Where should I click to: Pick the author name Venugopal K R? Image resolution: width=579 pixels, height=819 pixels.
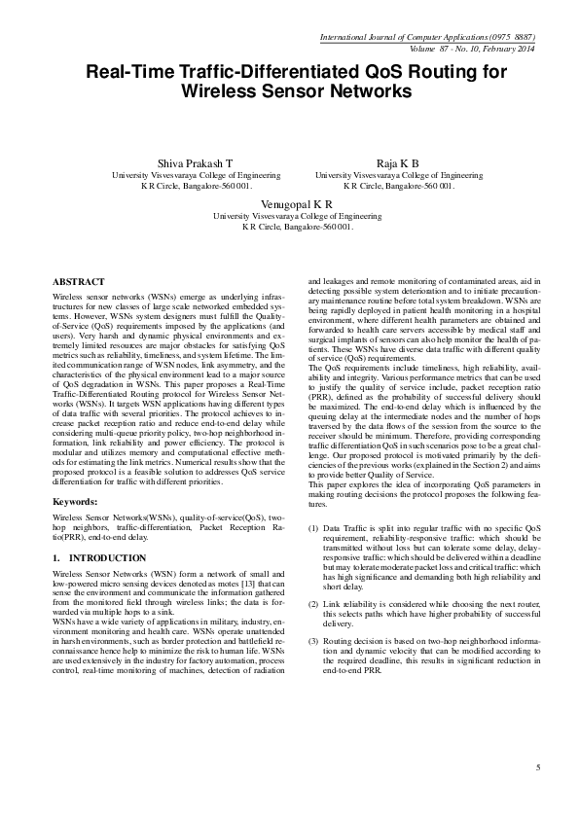(297, 204)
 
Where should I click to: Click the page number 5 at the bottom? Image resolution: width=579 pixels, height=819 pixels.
(537, 768)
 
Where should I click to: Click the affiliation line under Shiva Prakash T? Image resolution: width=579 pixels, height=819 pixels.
(197, 175)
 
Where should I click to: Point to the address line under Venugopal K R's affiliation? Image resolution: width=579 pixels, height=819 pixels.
(297, 226)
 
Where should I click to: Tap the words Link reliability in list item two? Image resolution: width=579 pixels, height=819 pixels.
(351, 605)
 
